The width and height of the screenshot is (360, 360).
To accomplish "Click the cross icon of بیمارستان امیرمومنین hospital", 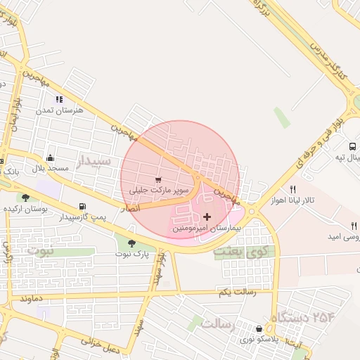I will click(206, 217).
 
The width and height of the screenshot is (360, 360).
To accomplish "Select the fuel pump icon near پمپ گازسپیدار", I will click(83, 207).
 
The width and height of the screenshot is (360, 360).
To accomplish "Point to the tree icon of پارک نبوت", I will click(131, 243).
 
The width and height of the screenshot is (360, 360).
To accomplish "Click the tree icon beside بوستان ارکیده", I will click(26, 198).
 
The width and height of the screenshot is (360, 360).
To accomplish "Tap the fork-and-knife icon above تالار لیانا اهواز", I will click(293, 189).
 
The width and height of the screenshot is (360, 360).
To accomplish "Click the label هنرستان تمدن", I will click(58, 110).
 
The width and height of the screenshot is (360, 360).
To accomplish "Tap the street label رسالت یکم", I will click(236, 292).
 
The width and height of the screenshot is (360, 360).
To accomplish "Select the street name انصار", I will click(130, 209).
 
